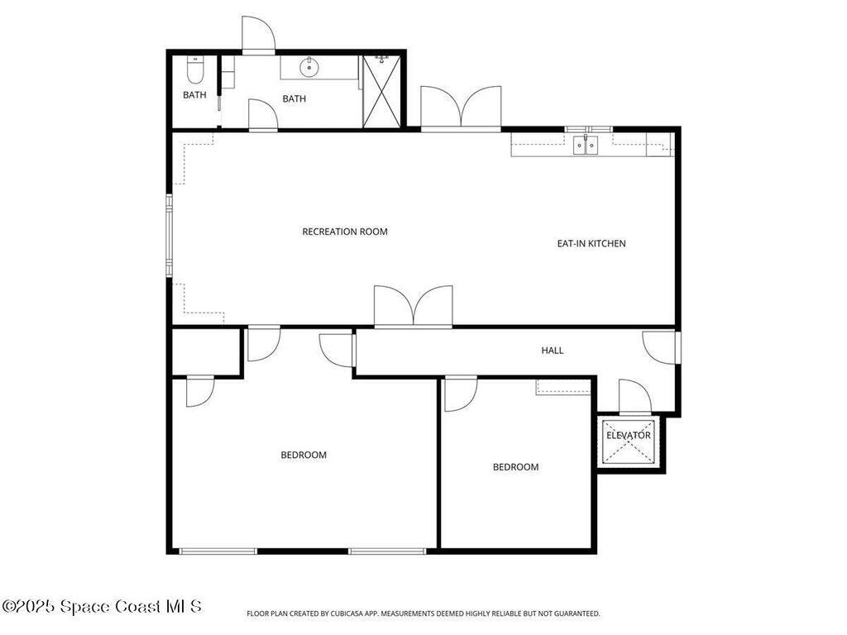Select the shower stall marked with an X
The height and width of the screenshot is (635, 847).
pyautogui.click(x=381, y=92)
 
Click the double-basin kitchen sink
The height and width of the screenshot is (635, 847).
pyautogui.click(x=586, y=146)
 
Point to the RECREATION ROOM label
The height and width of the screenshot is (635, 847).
pyautogui.click(x=345, y=232)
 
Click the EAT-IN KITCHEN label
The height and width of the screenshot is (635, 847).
pyautogui.click(x=591, y=243)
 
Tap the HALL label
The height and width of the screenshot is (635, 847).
pyautogui.click(x=553, y=351)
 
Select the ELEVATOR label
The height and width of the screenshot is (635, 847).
pyautogui.click(x=629, y=436)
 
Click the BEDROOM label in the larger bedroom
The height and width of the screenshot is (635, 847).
pyautogui.click(x=304, y=455)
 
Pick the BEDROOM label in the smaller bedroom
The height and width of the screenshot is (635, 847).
pyautogui.click(x=515, y=467)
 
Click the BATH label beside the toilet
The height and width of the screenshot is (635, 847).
pyautogui.click(x=194, y=95)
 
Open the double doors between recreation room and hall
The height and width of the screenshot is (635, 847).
pyautogui.click(x=414, y=308)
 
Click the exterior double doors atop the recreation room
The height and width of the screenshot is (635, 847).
pyautogui.click(x=461, y=108)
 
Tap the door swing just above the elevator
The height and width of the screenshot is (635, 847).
pyautogui.click(x=634, y=398)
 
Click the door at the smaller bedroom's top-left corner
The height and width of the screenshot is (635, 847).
pyautogui.click(x=460, y=394)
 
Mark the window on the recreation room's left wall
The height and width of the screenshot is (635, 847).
pyautogui.click(x=169, y=234)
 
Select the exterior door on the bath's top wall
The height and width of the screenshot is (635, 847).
pyautogui.click(x=258, y=35)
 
